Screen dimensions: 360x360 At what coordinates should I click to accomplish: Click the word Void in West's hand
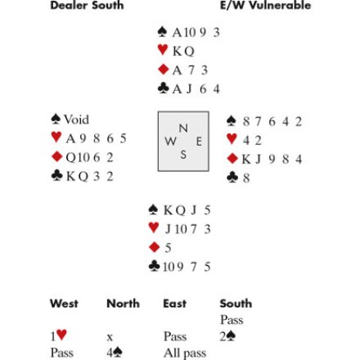point(76,119)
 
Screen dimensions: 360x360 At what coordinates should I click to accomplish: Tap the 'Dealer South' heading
point(87,6)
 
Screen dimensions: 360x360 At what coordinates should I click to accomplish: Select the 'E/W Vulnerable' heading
point(265,6)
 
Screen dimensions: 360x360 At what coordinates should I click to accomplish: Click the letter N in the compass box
point(183,128)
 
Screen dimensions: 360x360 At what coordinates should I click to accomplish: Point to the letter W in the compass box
point(170,142)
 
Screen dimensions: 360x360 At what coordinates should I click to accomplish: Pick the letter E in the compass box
point(199,142)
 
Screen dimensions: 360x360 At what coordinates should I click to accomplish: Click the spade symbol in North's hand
point(162,32)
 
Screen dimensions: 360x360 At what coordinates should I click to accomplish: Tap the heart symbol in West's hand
point(56,137)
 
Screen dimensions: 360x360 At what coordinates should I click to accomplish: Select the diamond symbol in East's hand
point(232,159)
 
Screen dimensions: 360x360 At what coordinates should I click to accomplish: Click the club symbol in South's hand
point(154,266)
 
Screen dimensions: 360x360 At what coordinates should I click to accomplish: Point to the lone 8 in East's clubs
point(246,178)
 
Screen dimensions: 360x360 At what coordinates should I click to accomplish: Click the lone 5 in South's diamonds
point(168,248)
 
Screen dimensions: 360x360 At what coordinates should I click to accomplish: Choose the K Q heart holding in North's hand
point(183,52)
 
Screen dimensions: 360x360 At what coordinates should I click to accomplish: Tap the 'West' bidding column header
point(64,304)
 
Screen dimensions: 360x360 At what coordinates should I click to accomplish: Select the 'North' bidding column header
point(123,304)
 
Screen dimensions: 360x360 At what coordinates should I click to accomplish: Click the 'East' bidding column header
point(175,304)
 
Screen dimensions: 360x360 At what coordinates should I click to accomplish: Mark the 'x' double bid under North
point(110,337)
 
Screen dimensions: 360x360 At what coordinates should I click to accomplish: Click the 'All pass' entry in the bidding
point(185,353)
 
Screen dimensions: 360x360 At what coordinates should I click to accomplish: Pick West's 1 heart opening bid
point(59,335)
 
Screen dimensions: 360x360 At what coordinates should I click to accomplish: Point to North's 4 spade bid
point(115,353)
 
